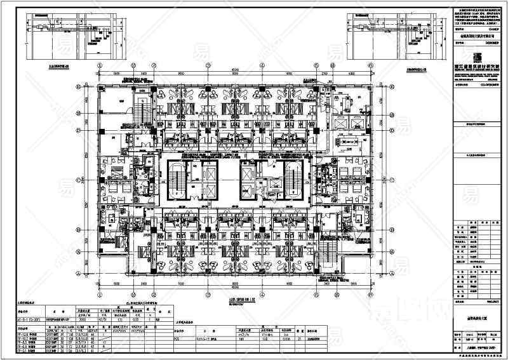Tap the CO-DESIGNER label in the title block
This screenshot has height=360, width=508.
pyautogui.click(x=469, y=83)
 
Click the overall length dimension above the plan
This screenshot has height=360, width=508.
pyautogui.click(x=234, y=70)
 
